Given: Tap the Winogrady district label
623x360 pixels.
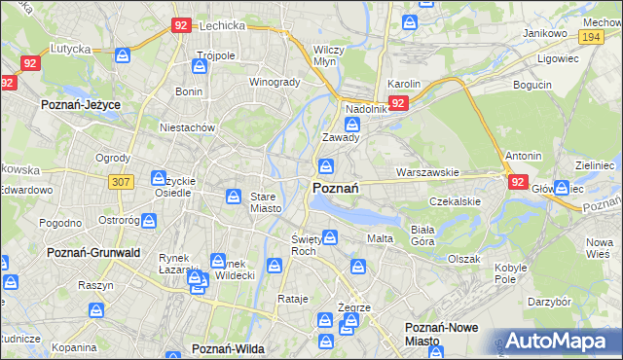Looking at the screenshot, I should click(x=275, y=82).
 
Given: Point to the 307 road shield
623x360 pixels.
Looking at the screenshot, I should click(x=121, y=181).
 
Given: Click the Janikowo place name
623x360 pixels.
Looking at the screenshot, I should click(x=544, y=32).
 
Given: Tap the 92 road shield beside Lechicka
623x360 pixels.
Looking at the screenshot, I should click(x=180, y=25).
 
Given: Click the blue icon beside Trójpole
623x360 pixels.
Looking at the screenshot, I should click(x=200, y=67).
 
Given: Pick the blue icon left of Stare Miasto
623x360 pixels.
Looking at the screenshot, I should click(x=234, y=198).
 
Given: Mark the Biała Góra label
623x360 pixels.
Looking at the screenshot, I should click(x=421, y=234).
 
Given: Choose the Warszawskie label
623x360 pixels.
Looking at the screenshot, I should click(x=427, y=172).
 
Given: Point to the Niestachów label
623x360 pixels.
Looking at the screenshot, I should click(x=187, y=126).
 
